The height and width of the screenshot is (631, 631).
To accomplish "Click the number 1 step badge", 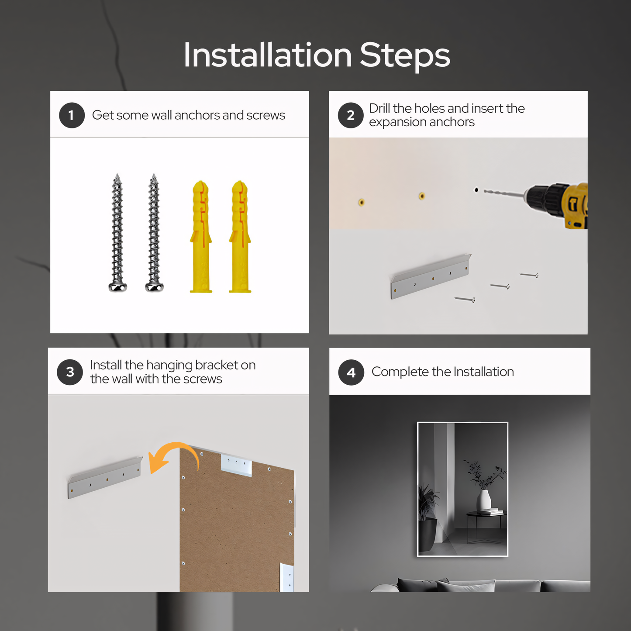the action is tap(72, 115).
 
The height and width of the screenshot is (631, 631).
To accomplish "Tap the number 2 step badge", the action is tap(351, 115).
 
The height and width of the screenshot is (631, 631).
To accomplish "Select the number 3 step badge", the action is tap(70, 372).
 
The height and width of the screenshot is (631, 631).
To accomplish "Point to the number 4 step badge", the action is tap(351, 372).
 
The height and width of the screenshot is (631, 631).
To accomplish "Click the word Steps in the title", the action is tap(405, 55).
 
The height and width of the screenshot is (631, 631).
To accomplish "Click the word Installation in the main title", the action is tap(268, 55).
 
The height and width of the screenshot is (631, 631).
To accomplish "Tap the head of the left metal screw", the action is tap(117, 287).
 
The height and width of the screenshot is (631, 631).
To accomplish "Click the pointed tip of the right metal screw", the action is tap(154, 174).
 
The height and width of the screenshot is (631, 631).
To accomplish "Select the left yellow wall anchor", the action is tap(201, 236).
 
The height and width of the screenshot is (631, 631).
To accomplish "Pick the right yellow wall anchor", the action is tap(240, 236).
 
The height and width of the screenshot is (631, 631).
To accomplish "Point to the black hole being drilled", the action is tap(476, 190).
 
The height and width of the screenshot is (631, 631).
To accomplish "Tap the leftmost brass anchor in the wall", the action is tap(361, 202).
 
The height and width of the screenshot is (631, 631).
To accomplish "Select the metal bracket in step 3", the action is tap(105, 478).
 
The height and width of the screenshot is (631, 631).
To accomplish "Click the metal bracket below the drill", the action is tap(431, 277).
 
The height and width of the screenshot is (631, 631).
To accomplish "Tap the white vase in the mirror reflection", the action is tap(484, 500).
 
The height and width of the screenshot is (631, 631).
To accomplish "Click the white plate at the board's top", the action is tap(236, 464).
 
